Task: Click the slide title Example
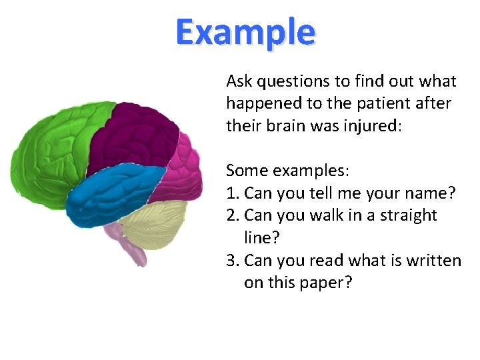(x=245, y=32)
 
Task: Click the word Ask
(x=239, y=81)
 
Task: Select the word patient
(x=391, y=104)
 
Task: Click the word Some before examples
(x=245, y=171)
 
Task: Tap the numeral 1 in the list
(x=231, y=193)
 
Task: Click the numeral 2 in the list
(x=231, y=215)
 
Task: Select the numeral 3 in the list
(x=231, y=260)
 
